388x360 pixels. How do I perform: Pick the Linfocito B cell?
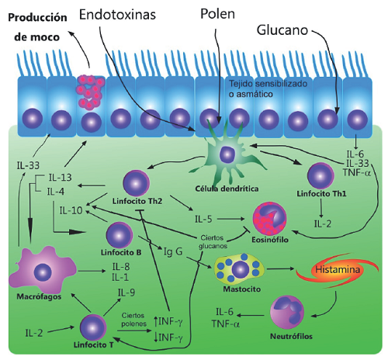pos(120,234)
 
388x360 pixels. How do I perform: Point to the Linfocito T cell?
pos(93,324)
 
